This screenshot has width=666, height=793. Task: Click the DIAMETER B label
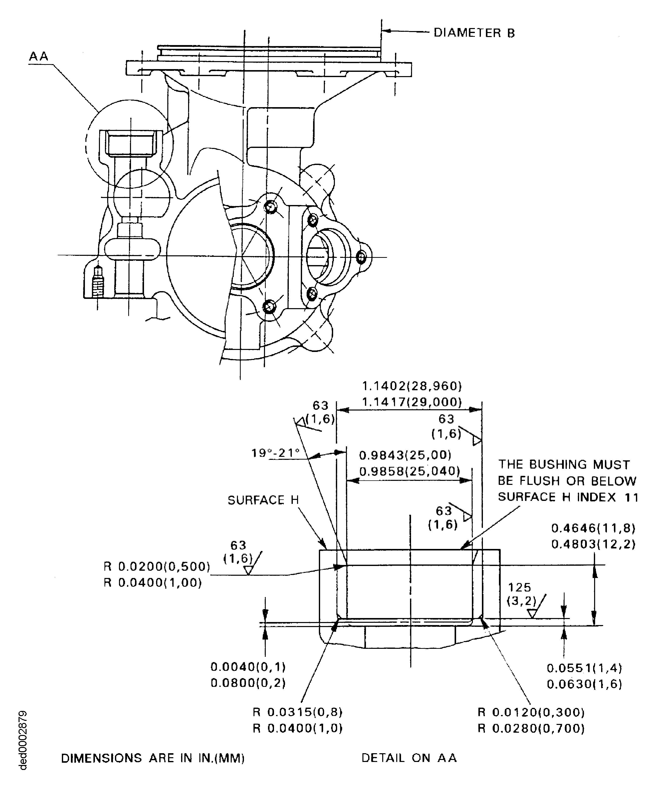click(474, 33)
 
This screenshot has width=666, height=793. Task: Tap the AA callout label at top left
click(39, 56)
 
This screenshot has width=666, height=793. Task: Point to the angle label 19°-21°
click(276, 453)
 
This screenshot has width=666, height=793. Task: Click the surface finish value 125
click(520, 587)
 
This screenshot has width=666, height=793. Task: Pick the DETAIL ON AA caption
click(409, 758)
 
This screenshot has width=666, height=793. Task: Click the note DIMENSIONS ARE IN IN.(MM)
click(153, 758)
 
